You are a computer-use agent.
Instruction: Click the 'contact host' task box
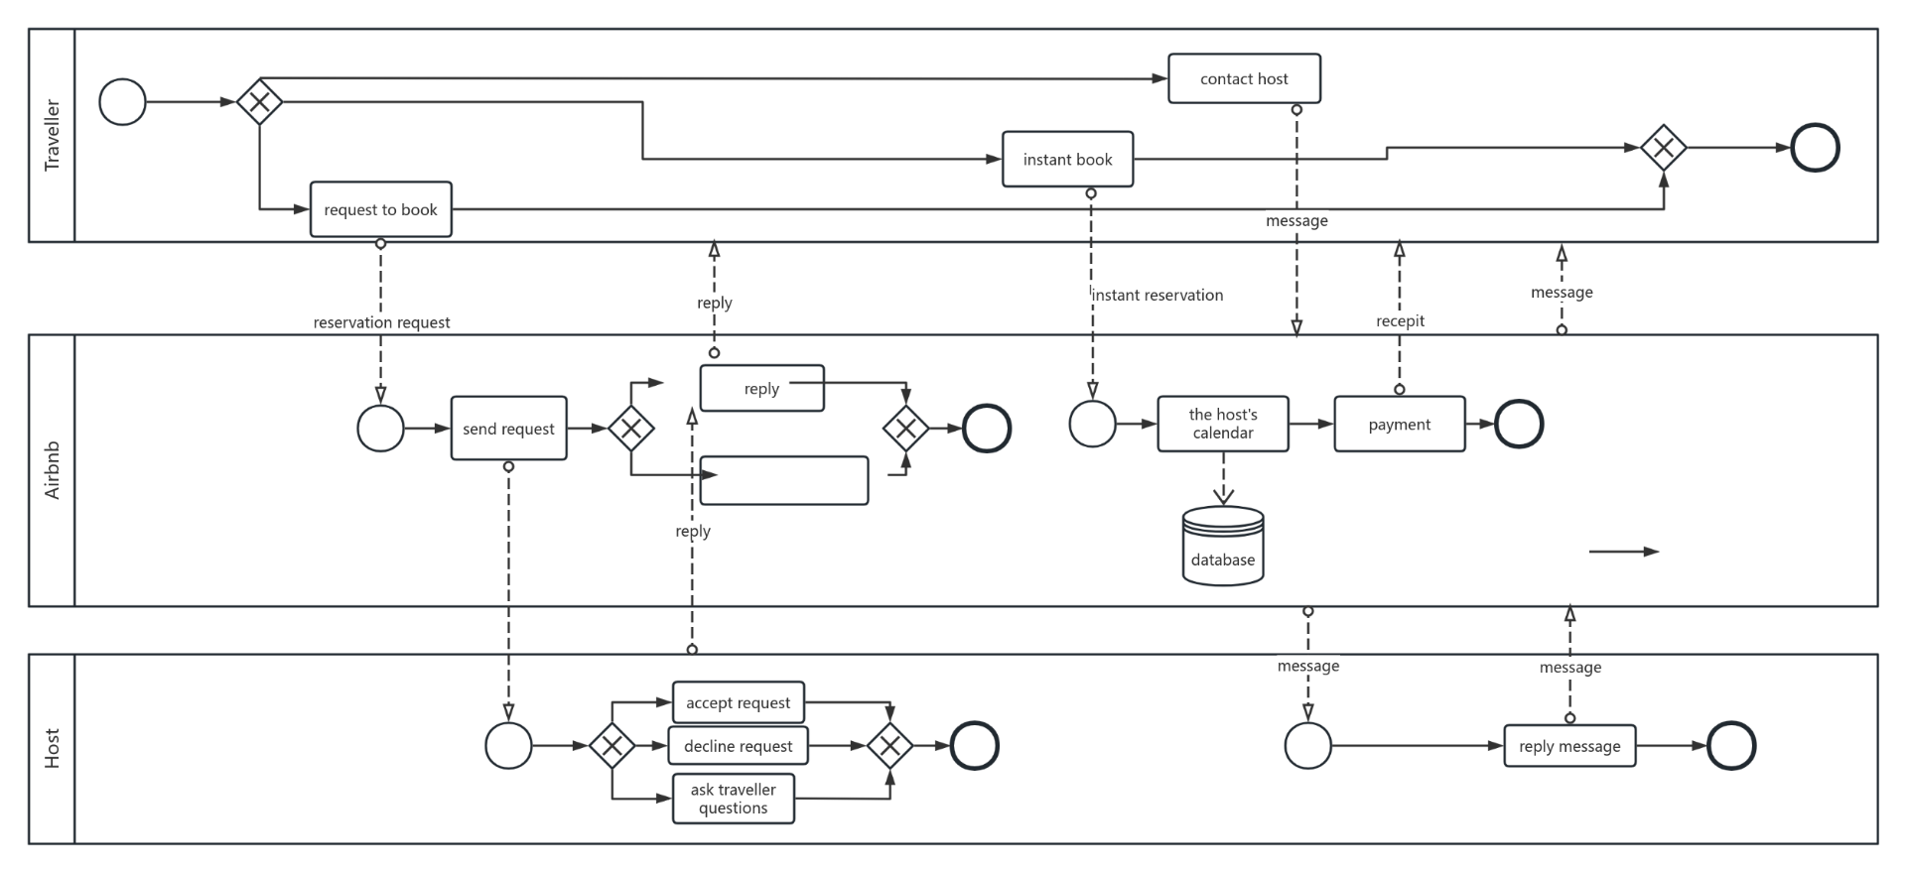[x=1244, y=78]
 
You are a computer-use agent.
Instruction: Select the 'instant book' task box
[x=1067, y=159]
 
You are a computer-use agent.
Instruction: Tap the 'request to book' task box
[x=380, y=209]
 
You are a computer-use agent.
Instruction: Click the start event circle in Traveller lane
[x=123, y=102]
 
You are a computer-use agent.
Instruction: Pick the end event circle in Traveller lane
[x=1815, y=148]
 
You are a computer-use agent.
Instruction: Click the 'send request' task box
[x=508, y=429]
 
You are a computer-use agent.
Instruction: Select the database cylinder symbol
[x=1223, y=546]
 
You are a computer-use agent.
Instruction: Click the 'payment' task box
[x=1399, y=425]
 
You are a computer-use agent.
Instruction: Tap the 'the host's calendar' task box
[x=1223, y=425]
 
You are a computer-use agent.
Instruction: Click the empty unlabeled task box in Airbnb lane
[x=784, y=480]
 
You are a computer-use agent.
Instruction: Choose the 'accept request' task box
[x=738, y=702]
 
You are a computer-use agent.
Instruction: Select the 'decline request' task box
[x=738, y=746]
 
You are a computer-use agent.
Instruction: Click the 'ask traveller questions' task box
[x=733, y=799]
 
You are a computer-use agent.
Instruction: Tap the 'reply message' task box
[x=1569, y=746]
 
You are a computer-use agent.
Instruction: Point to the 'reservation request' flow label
[x=381, y=322]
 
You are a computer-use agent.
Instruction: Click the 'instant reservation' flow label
[x=1157, y=295]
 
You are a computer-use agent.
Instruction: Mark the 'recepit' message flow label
[x=1400, y=320]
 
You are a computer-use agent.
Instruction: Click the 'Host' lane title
[x=52, y=748]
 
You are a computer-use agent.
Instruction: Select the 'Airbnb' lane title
[x=52, y=470]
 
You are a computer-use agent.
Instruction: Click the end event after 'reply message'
[x=1731, y=746]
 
